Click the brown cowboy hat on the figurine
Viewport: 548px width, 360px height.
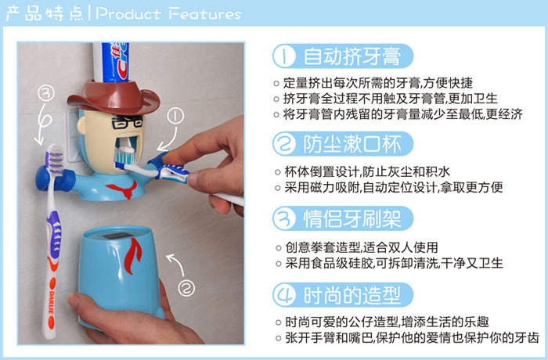click(x=114, y=98)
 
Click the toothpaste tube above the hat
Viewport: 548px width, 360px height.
click(x=111, y=62)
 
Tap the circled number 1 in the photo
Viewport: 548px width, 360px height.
click(x=175, y=116)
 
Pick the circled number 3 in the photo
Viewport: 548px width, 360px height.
click(x=46, y=93)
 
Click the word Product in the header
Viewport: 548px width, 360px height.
click(x=128, y=13)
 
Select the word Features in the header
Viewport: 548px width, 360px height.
click(x=204, y=14)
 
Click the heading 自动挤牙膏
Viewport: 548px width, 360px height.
click(x=352, y=56)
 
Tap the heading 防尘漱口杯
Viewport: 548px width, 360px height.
click(x=352, y=144)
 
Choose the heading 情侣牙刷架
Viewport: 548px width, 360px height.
click(x=352, y=219)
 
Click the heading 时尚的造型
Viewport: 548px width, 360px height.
click(x=352, y=295)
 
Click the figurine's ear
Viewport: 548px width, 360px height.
click(x=81, y=126)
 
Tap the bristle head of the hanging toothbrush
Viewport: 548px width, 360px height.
click(x=55, y=159)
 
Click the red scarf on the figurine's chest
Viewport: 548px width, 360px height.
click(x=124, y=189)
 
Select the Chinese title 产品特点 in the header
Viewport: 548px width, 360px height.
click(x=45, y=13)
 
